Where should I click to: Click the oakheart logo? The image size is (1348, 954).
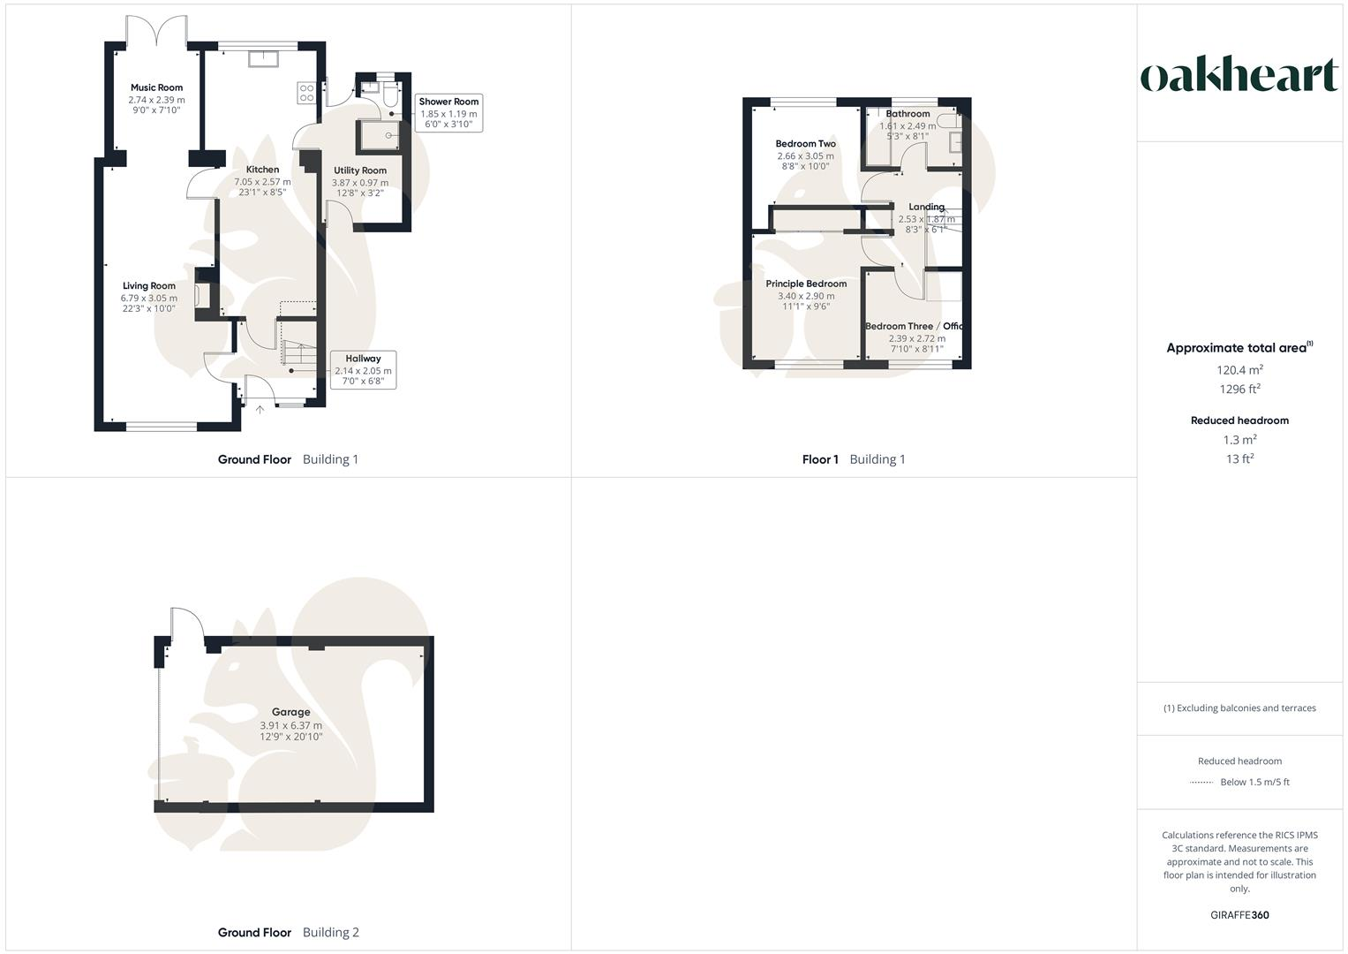pos(1239,75)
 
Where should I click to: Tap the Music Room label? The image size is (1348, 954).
pos(156,87)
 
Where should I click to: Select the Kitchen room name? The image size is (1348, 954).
pos(262,170)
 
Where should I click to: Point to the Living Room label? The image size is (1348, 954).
pos(148,286)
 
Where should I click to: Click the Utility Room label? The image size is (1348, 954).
pos(360,170)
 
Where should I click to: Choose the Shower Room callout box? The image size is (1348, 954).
pos(448,113)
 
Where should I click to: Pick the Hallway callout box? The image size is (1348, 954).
pos(363,370)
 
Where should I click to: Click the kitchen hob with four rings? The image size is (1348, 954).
pos(307,93)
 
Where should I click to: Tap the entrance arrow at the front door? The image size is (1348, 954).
pos(260,409)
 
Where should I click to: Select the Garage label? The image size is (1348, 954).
pos(290,712)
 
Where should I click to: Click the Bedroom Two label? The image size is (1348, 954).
pos(805,144)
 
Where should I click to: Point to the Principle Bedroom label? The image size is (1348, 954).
pos(806,284)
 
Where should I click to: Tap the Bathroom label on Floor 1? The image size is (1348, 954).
pos(907,114)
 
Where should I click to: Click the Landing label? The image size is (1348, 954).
pos(926,207)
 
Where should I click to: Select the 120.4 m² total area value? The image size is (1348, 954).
pos(1239,370)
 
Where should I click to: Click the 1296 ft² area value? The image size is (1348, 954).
pos(1239,389)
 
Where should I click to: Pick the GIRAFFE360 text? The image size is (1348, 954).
pos(1239,915)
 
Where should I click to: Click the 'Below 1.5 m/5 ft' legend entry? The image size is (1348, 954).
pos(1254,782)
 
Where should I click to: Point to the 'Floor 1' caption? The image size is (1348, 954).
pos(820,459)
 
